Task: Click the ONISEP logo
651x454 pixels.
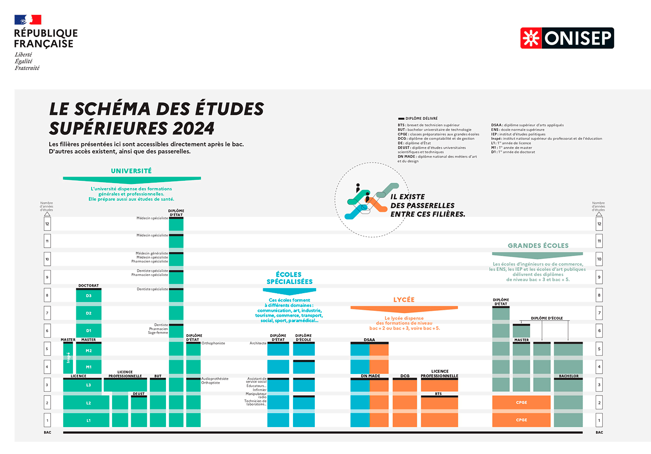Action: pyautogui.click(x=567, y=38)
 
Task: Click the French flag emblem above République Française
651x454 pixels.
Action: pyautogui.click(x=28, y=20)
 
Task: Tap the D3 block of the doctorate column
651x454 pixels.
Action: pyautogui.click(x=89, y=296)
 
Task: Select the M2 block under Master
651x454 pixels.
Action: pyautogui.click(x=89, y=351)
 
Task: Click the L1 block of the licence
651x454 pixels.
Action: pyautogui.click(x=88, y=421)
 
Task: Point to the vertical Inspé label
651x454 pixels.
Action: pyautogui.click(x=68, y=358)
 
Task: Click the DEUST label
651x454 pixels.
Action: pyautogui.click(x=139, y=394)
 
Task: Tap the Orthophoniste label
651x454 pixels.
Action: pyautogui.click(x=213, y=343)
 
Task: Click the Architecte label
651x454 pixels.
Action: pyautogui.click(x=258, y=343)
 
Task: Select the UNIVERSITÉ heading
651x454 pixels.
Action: pyautogui.click(x=131, y=171)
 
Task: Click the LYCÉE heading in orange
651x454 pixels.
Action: pyautogui.click(x=404, y=300)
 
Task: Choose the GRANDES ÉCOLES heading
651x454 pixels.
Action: pyautogui.click(x=538, y=246)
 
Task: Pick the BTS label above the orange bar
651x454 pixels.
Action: pyautogui.click(x=438, y=394)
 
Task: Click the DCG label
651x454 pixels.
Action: pyautogui.click(x=405, y=376)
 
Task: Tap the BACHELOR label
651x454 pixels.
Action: pyautogui.click(x=569, y=376)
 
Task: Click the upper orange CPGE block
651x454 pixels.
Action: pyautogui.click(x=521, y=402)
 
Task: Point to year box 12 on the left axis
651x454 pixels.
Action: pyautogui.click(x=47, y=224)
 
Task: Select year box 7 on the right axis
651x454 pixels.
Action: pyautogui.click(x=599, y=313)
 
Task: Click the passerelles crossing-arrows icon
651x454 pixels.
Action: pyautogui.click(x=370, y=200)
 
